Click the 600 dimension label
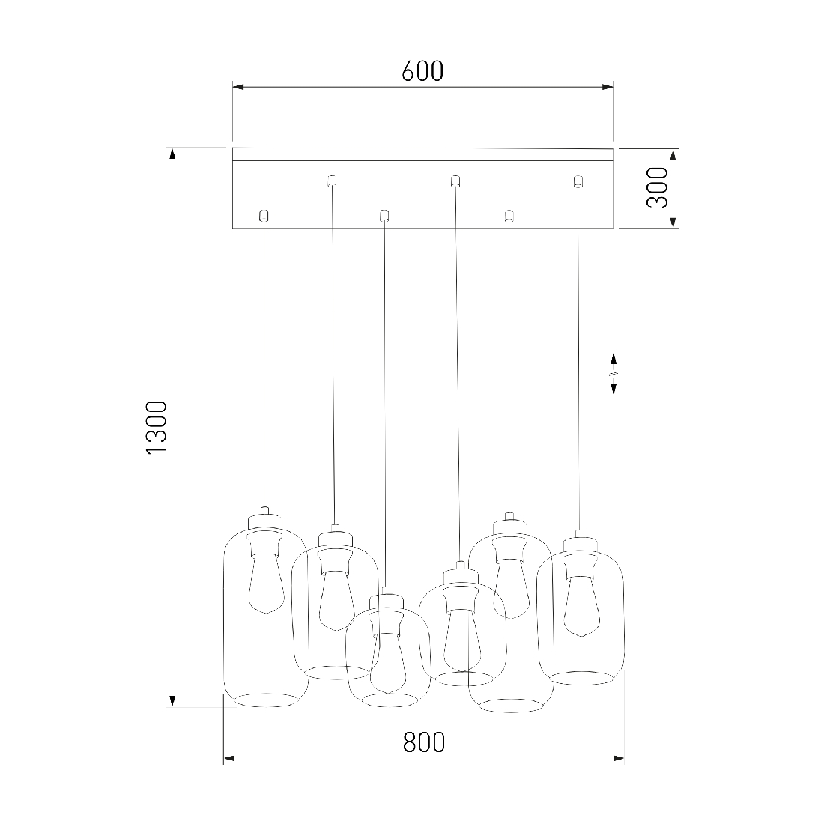coord(422,71)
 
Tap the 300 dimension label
coord(657,187)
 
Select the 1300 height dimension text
coord(156,427)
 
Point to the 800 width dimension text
coord(424,742)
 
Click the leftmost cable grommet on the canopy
coord(264,216)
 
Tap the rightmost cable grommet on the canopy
coord(578,181)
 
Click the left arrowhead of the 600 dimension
coord(238,87)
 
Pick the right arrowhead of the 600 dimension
coord(608,87)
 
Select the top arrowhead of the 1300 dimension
coord(172,154)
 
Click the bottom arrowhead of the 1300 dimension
coord(172,700)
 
